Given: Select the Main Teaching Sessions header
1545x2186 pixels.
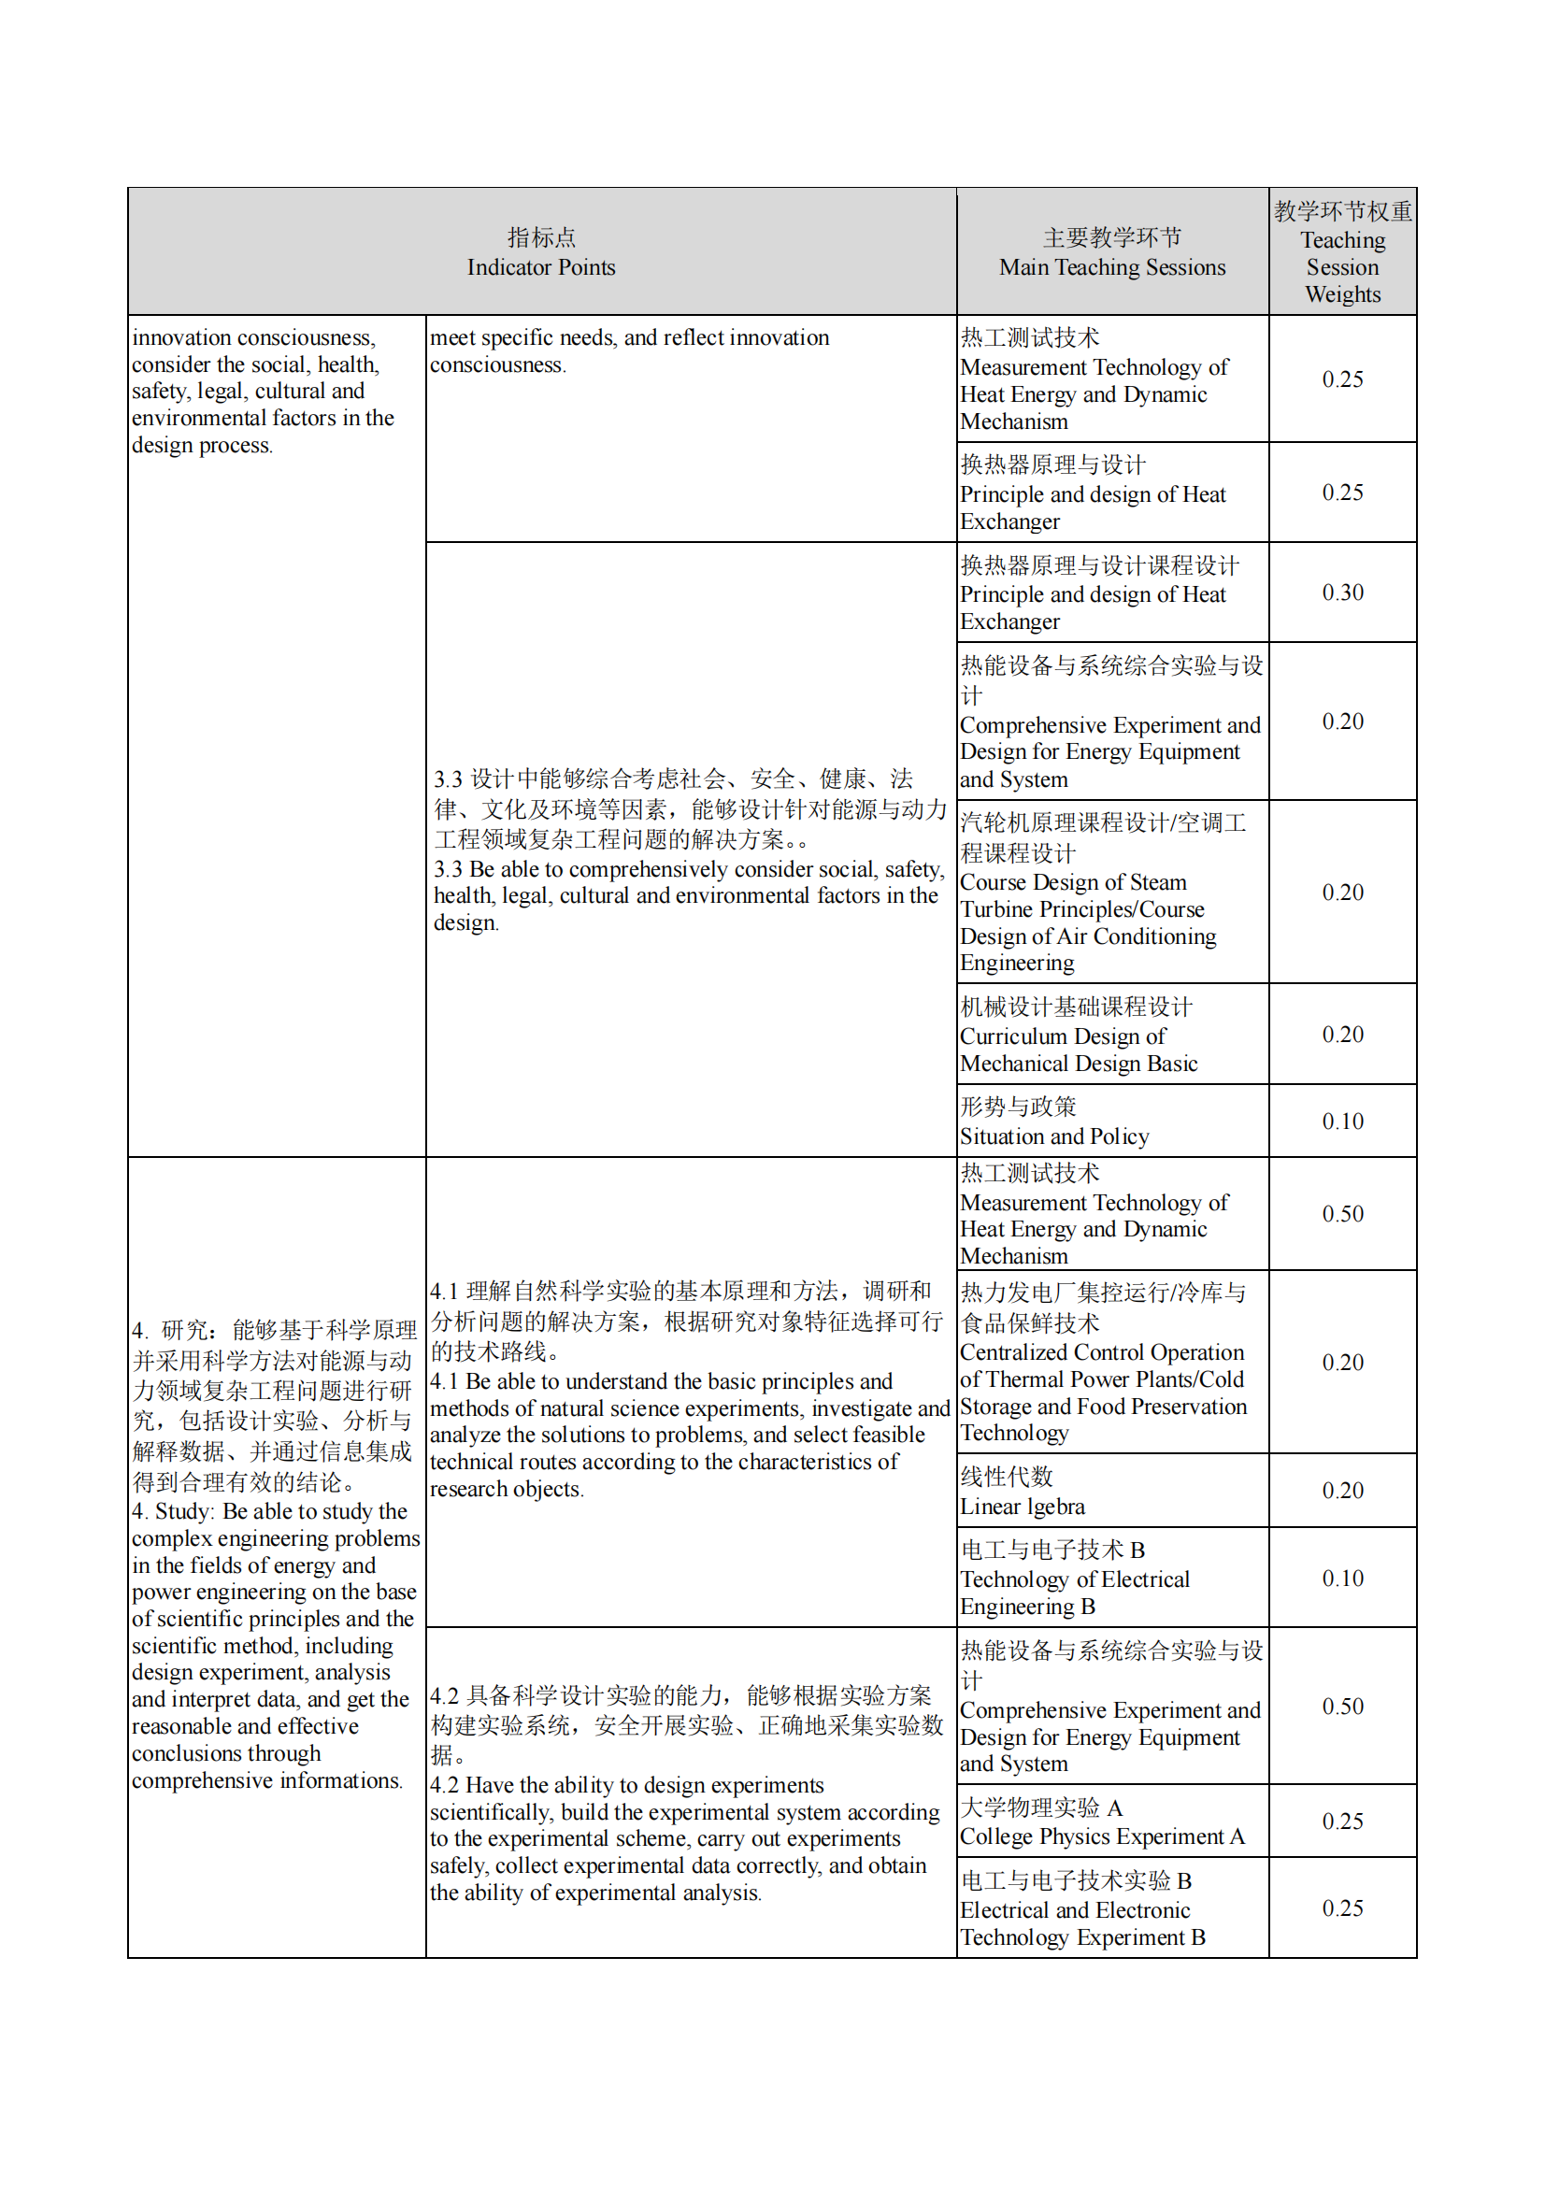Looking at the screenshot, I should pyautogui.click(x=1112, y=252).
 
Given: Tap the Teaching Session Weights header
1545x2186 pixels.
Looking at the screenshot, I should pyautogui.click(x=1342, y=252).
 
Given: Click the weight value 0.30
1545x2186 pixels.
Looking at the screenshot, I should pyautogui.click(x=1342, y=593).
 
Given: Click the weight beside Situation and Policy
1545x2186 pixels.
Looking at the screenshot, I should pyautogui.click(x=1342, y=1122).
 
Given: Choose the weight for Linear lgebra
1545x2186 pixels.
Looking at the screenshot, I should pyautogui.click(x=1342, y=1491).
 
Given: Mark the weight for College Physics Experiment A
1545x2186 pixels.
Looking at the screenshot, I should pyautogui.click(x=1342, y=1822).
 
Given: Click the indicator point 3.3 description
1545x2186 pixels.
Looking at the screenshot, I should pyautogui.click(x=689, y=850).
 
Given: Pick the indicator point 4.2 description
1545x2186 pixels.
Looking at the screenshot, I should pyautogui.click(x=689, y=1793).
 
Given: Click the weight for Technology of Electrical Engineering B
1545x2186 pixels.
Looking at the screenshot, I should pyautogui.click(x=1342, y=1579).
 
